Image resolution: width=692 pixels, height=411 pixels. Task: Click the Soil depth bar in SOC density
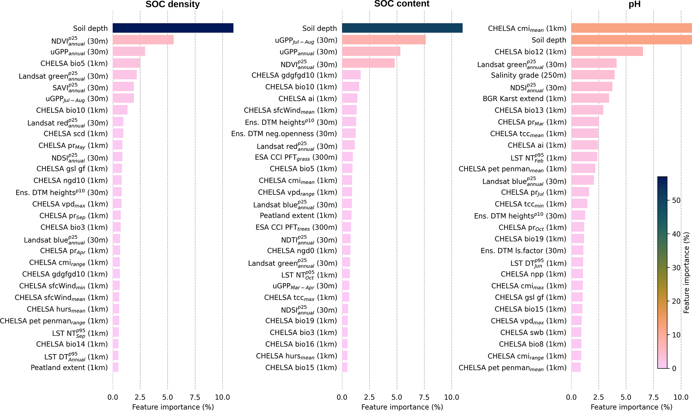pyautogui.click(x=173, y=28)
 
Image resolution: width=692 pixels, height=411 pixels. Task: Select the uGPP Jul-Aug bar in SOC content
pyautogui.click(x=384, y=40)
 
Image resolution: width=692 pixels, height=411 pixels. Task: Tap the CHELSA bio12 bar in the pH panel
pyautogui.click(x=607, y=52)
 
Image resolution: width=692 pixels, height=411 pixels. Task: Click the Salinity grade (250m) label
pyautogui.click(x=528, y=75)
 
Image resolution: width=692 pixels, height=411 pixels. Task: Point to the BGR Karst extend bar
pyautogui.click(x=590, y=98)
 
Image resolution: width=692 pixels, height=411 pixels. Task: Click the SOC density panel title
pyautogui.click(x=172, y=4)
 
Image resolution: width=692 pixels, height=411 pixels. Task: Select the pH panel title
pyautogui.click(x=634, y=4)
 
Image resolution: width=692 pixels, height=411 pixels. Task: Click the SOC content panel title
pyautogui.click(x=402, y=4)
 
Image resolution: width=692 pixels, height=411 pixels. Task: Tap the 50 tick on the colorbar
pyautogui.click(x=676, y=200)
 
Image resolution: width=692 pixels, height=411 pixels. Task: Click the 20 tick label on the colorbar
pyautogui.click(x=676, y=301)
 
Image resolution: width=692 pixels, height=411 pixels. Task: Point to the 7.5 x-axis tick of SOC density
pyautogui.click(x=195, y=397)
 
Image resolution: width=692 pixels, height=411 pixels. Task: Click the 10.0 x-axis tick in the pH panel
pyautogui.click(x=681, y=397)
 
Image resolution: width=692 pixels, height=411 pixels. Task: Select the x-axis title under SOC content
pyautogui.click(x=402, y=407)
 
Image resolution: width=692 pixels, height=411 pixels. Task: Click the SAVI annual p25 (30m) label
pyautogui.click(x=80, y=88)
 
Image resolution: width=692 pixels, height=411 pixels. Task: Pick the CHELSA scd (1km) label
pyautogui.click(x=76, y=134)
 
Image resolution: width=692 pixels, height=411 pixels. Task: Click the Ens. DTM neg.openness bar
pyautogui.click(x=349, y=134)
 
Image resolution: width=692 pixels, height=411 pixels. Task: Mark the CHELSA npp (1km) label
pyautogui.click(x=533, y=274)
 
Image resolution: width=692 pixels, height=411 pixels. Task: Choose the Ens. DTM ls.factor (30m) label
pyautogui.click(x=523, y=251)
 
